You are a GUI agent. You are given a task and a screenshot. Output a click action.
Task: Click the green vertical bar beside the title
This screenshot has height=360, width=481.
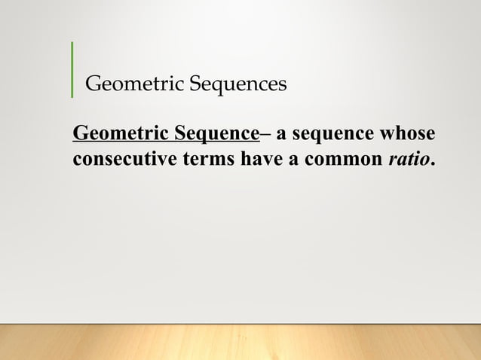pos(72,70)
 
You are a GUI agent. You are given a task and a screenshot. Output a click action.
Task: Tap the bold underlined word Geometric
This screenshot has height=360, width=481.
pos(120,135)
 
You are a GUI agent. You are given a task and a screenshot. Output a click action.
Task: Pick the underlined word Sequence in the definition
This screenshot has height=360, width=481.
pos(217,135)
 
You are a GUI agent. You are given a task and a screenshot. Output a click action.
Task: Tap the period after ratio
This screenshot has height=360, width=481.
pos(433,165)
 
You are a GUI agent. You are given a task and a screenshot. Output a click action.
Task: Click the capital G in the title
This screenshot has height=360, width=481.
pos(94,83)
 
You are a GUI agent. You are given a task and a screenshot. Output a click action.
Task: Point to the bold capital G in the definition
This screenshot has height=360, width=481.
pos(80,135)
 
